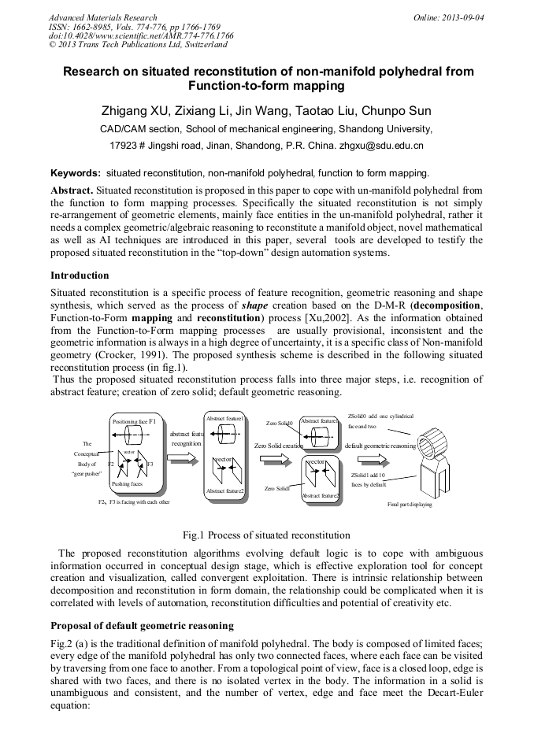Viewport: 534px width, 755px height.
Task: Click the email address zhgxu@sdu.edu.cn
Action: click(x=381, y=146)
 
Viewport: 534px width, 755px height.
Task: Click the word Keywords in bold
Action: click(x=75, y=172)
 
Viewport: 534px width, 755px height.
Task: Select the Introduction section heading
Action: click(x=80, y=276)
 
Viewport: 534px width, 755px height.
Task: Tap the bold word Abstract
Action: click(x=72, y=191)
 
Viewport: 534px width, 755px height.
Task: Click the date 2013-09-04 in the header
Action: click(x=462, y=17)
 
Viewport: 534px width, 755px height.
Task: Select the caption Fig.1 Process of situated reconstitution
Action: click(x=266, y=535)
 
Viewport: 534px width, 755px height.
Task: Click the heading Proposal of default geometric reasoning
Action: click(x=142, y=626)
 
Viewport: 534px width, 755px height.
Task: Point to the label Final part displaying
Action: click(x=410, y=505)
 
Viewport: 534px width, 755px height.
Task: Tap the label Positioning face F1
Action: click(x=134, y=421)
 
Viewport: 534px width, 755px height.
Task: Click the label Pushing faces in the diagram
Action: click(x=126, y=484)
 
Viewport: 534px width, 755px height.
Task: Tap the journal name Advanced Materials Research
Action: click(x=103, y=17)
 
